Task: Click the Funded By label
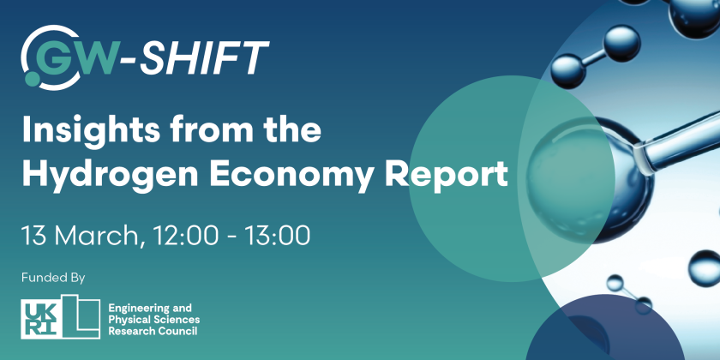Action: pyautogui.click(x=54, y=277)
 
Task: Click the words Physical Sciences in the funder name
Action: pyautogui.click(x=151, y=319)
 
